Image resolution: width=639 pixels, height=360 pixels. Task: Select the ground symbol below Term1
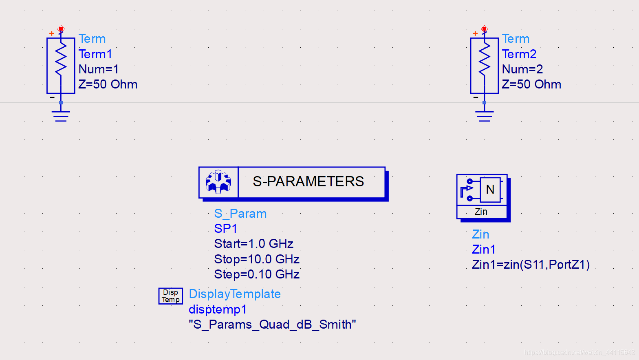click(61, 116)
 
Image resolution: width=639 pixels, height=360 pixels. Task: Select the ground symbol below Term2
click(484, 116)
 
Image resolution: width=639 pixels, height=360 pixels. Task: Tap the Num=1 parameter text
click(98, 69)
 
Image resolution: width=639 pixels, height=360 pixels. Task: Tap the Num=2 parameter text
click(522, 69)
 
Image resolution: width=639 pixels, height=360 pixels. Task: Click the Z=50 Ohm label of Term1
click(108, 84)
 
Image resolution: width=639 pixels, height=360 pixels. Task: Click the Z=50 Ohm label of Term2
click(531, 84)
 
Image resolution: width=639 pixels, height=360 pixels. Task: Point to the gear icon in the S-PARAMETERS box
click(218, 182)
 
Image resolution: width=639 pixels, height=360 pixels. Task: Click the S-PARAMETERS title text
click(308, 181)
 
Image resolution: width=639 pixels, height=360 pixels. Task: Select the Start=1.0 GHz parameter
click(253, 244)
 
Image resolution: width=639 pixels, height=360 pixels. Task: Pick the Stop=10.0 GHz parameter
click(257, 259)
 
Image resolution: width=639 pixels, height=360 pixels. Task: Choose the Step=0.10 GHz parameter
click(257, 274)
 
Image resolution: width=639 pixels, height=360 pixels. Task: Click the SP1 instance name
click(225, 229)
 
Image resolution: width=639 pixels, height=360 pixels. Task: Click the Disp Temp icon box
click(170, 296)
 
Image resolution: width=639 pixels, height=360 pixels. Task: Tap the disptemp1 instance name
click(218, 309)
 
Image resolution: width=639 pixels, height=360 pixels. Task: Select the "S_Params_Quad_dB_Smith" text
click(272, 325)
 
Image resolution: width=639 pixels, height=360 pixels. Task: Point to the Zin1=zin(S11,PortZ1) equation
click(531, 265)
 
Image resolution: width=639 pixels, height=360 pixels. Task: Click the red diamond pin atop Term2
click(484, 29)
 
